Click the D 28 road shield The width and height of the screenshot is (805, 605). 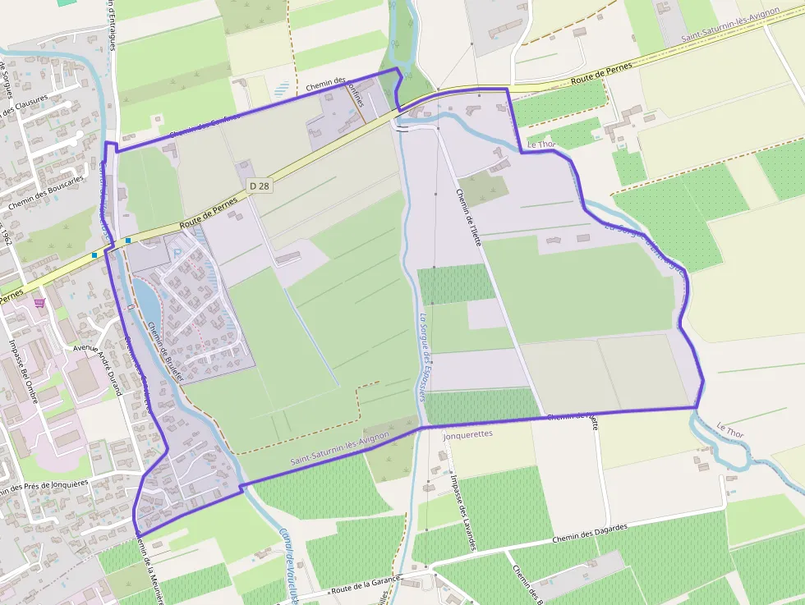(259, 186)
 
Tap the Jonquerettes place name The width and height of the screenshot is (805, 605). (467, 434)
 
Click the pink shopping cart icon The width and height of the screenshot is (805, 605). (39, 302)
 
